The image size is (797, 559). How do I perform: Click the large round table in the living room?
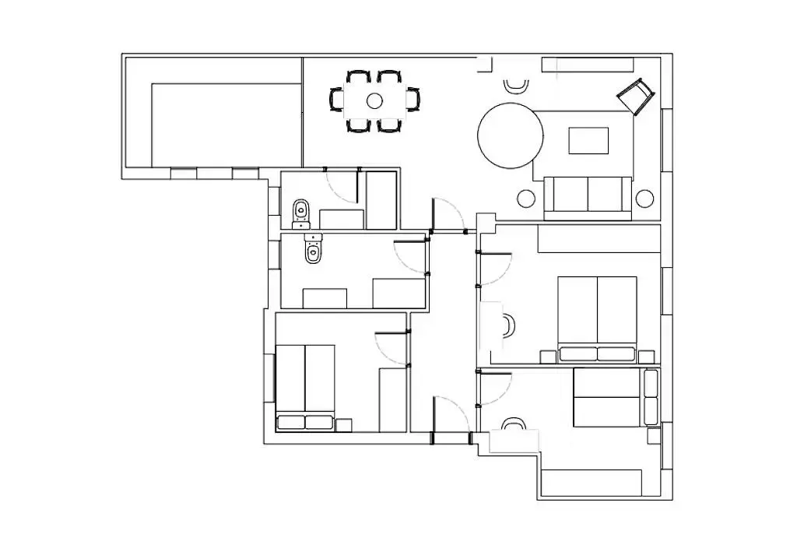[510, 135]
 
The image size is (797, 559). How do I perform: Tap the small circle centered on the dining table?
[374, 100]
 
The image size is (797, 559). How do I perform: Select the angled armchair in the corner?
[634, 96]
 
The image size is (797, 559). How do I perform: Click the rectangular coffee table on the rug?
[589, 141]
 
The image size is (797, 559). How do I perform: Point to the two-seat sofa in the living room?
[588, 195]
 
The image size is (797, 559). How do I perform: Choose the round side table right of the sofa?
[644, 199]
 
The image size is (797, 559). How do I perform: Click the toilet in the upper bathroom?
[301, 211]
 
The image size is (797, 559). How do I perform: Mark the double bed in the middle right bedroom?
[597, 318]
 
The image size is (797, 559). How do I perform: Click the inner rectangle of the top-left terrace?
[226, 125]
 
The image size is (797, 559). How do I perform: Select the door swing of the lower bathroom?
[409, 257]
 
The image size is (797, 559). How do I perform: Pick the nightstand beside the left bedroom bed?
[343, 425]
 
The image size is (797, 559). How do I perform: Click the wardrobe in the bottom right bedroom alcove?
[592, 482]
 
